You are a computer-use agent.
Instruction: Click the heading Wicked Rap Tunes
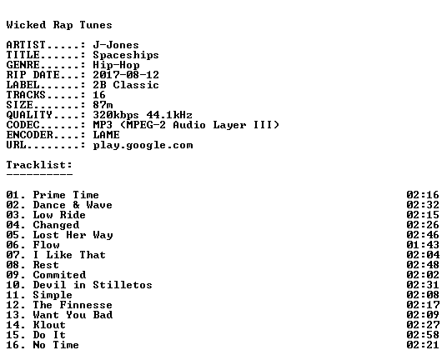coord(59,25)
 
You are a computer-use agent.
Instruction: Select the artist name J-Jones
coord(116,45)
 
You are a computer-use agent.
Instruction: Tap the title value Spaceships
coord(126,55)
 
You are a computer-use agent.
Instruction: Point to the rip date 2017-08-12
coord(126,75)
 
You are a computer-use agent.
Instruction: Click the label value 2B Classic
coord(126,85)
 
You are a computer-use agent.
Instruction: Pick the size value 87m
coord(103,105)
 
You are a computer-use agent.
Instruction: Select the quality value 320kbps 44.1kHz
coord(143,115)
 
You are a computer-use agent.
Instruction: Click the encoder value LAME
coord(107,135)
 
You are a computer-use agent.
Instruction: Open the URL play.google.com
coord(143,145)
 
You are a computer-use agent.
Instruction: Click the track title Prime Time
coord(66,195)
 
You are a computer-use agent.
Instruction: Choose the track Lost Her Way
coord(73,235)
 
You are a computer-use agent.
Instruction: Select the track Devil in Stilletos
coord(93,285)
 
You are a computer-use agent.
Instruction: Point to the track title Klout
coord(49,325)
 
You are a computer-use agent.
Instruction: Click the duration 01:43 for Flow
coord(423,245)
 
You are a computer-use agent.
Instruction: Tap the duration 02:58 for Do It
coord(423,335)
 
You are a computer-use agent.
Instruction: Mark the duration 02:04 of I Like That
coord(423,255)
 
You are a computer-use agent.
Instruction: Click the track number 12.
coord(13,305)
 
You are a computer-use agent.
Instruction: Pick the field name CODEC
coord(23,125)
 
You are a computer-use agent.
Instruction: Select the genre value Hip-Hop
coord(116,65)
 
